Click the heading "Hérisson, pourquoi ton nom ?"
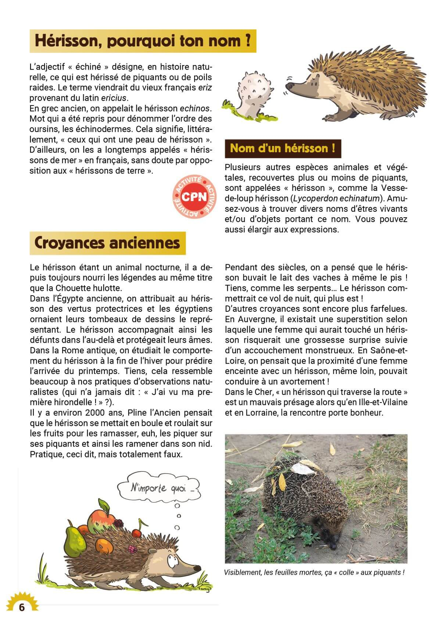coord(143,41)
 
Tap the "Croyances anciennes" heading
coord(107,243)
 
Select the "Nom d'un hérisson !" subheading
coord(282,149)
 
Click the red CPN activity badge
coord(194,197)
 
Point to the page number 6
coord(22,607)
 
